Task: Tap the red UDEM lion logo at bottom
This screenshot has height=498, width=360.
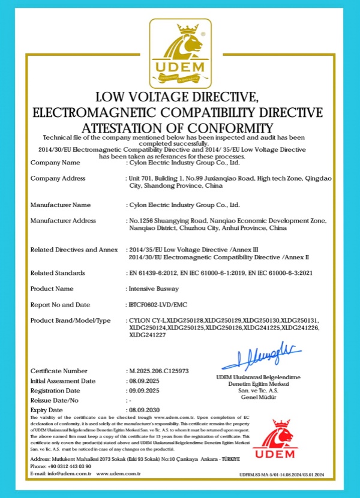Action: pyautogui.click(x=276, y=440)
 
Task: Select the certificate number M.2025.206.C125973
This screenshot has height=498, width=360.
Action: pyautogui.click(x=159, y=371)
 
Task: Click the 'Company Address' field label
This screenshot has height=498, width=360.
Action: pyautogui.click(x=58, y=178)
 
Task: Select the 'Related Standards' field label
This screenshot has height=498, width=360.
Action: pyautogui.click(x=59, y=273)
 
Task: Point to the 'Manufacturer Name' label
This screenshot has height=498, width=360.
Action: pyautogui.click(x=60, y=205)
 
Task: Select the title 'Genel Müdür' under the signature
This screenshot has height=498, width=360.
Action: pyautogui.click(x=262, y=397)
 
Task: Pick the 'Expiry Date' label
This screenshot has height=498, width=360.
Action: pyautogui.click(x=47, y=410)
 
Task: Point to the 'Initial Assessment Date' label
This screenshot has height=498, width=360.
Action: pyautogui.click(x=62, y=381)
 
